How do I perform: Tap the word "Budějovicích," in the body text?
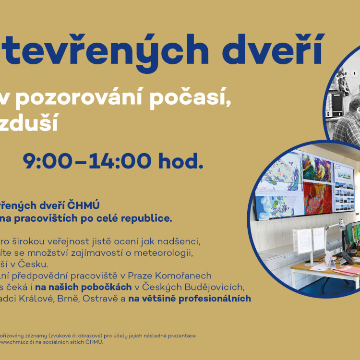point(212,287)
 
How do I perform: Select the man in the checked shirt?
point(349,120)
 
